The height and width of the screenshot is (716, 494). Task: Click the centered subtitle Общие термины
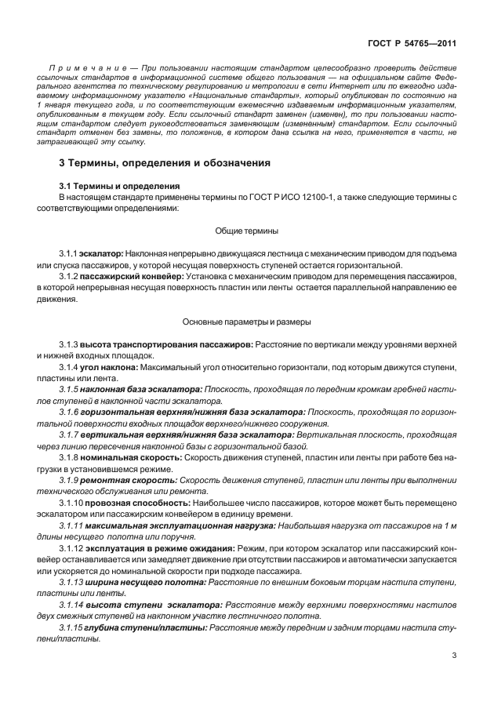246,231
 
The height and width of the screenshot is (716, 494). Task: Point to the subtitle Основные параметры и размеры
246,322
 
